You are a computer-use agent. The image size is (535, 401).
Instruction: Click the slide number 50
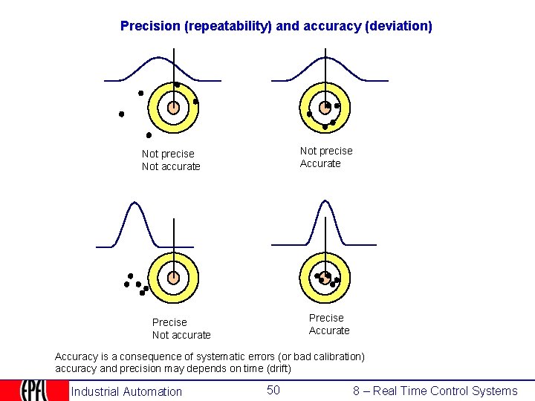point(273,390)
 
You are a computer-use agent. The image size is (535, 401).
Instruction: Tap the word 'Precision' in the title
point(150,26)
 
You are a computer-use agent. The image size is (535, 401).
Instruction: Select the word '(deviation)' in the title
point(398,26)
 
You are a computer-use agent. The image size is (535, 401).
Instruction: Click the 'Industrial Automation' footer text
point(126,391)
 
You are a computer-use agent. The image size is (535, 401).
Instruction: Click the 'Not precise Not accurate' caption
point(171,160)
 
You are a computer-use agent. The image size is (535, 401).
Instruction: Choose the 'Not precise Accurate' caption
point(326,157)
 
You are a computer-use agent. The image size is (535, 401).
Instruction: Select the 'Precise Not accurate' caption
point(181,328)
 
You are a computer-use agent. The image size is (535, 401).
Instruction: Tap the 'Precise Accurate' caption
point(328,325)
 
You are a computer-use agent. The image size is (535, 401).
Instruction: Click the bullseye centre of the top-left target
point(173,108)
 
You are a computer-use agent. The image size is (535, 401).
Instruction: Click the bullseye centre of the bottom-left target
point(173,278)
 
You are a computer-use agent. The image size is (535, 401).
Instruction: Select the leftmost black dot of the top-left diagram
point(121,114)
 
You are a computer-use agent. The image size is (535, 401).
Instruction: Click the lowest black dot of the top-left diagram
point(149,135)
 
